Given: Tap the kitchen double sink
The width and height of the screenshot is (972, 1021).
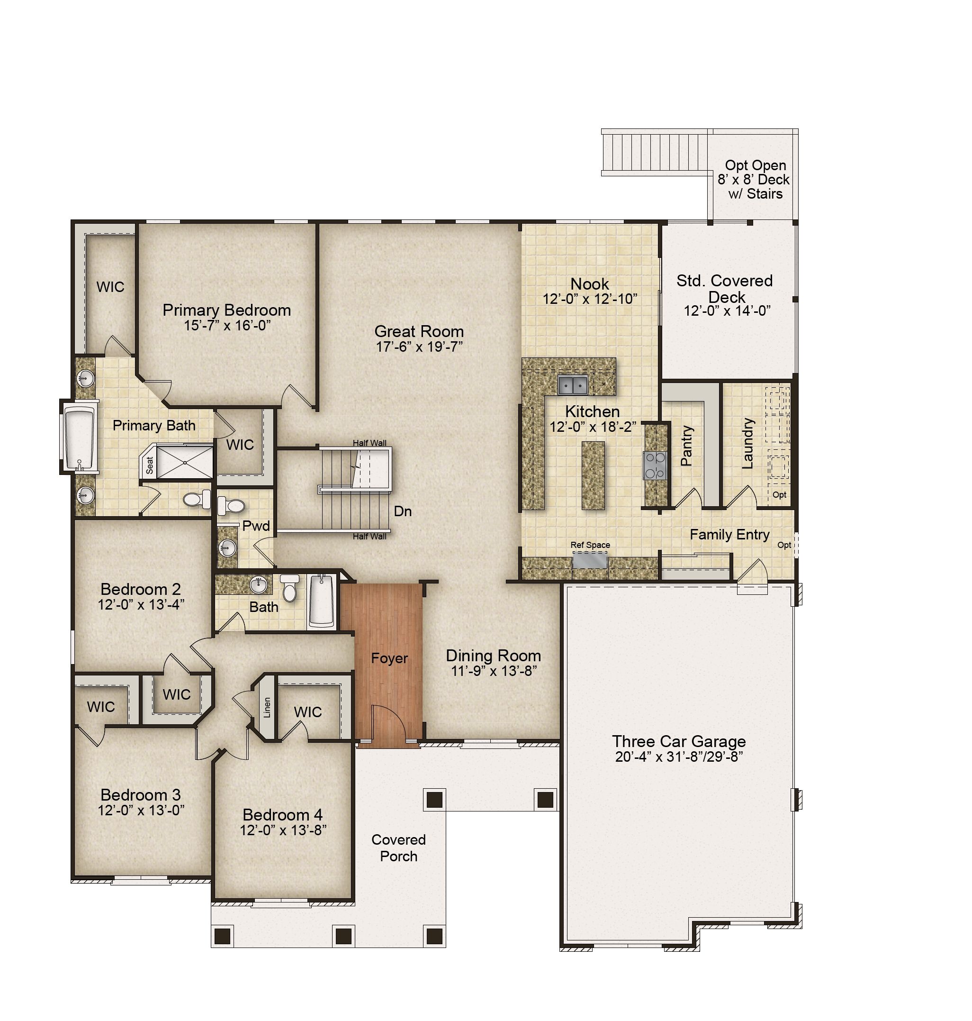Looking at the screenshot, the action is pyautogui.click(x=573, y=385).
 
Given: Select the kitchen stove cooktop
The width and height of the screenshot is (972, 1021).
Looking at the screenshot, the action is pyautogui.click(x=655, y=465).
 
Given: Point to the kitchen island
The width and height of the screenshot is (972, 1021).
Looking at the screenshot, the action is pyautogui.click(x=593, y=475).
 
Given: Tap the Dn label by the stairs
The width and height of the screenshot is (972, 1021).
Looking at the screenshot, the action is pyautogui.click(x=403, y=511).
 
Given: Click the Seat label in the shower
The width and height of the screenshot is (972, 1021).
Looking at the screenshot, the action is pyautogui.click(x=150, y=465).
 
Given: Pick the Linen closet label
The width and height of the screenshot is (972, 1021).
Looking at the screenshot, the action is pyautogui.click(x=267, y=707).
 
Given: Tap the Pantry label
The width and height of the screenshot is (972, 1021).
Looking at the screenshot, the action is pyautogui.click(x=686, y=446).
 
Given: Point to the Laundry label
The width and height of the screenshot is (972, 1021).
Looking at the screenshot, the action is pyautogui.click(x=747, y=443).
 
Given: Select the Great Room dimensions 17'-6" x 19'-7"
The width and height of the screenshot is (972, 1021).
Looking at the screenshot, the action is pyautogui.click(x=419, y=347).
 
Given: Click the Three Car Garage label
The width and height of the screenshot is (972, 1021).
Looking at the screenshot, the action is pyautogui.click(x=679, y=741).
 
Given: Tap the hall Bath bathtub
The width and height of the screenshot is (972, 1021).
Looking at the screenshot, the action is pyautogui.click(x=321, y=601).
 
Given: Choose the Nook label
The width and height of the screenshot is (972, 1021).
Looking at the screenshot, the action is pyautogui.click(x=590, y=283).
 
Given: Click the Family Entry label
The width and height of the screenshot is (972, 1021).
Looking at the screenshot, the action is pyautogui.click(x=729, y=535).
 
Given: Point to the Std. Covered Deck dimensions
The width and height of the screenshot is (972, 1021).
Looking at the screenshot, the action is pyautogui.click(x=727, y=310).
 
